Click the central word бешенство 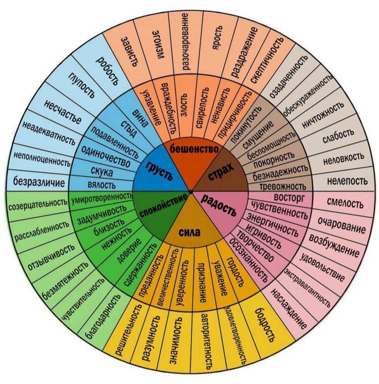tap(194, 149)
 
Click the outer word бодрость tap(266, 322)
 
